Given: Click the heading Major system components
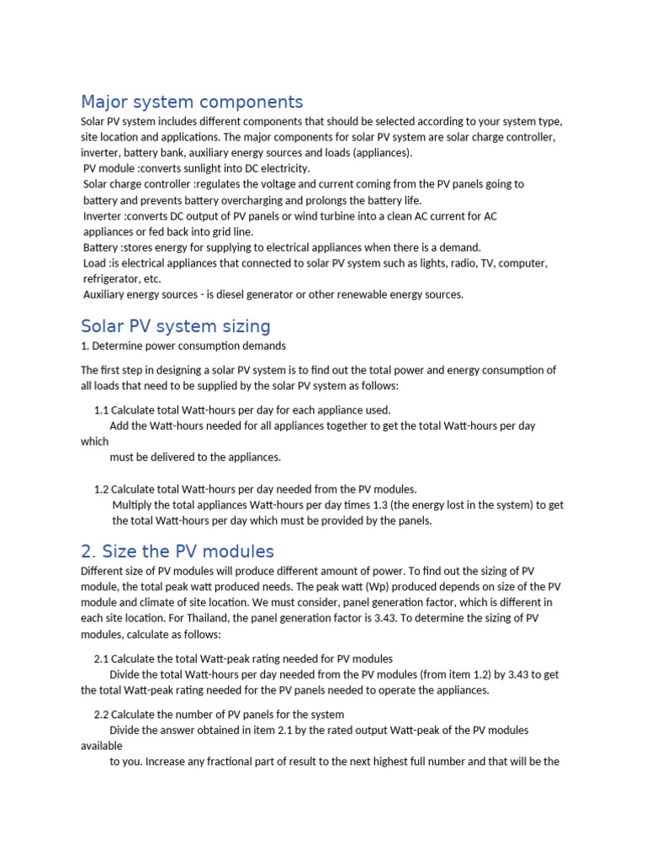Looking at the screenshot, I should pyautogui.click(x=192, y=103).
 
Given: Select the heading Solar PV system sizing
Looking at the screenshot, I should pyautogui.click(x=175, y=326).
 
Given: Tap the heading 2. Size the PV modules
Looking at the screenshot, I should pyautogui.click(x=177, y=552).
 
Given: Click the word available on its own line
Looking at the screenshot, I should pyautogui.click(x=102, y=746).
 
